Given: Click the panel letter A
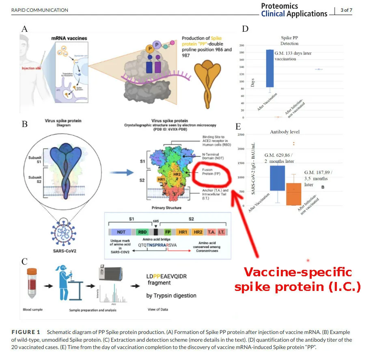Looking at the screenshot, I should tap(25, 29).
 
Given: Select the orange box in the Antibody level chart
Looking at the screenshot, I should tap(294, 194).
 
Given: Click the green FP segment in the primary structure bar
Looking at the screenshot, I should tap(168, 232).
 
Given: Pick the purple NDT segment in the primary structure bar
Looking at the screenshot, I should tap(121, 232).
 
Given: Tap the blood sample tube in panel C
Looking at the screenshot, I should tap(31, 286).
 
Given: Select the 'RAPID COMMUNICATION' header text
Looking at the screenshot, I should tap(40, 10).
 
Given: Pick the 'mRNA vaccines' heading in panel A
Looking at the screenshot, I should tap(69, 39).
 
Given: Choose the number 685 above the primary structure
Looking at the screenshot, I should tap(155, 221).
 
